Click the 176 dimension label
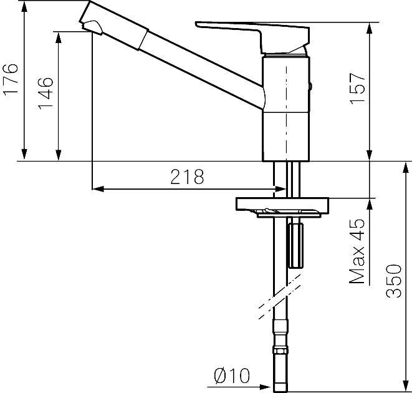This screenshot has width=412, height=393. coord(11,79)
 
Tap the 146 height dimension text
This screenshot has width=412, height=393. coord(46,94)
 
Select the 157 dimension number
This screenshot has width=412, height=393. coord(357,89)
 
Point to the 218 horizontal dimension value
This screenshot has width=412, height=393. coord(187,177)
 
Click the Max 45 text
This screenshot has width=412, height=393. coord(357,251)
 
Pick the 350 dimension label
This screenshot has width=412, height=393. coord(393,281)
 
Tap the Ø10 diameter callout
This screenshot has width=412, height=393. coord(232,376)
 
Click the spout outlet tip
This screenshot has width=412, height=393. coord(92,28)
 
